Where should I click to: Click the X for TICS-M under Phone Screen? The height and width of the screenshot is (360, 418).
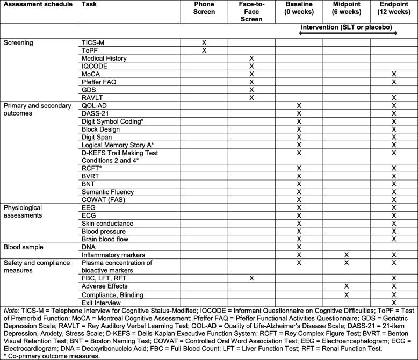pyautogui.click(x=204, y=42)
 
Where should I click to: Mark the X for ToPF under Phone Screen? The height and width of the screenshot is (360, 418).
pyautogui.click(x=204, y=50)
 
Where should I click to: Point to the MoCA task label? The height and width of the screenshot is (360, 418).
pyautogui.click(x=91, y=74)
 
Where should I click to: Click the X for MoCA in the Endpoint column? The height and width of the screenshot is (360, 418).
pyautogui.click(x=394, y=74)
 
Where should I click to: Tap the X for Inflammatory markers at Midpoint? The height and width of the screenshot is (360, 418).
pyautogui.click(x=347, y=254)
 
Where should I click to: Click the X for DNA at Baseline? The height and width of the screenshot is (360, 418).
pyautogui.click(x=299, y=246)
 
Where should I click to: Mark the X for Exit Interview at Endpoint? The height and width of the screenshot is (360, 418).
pyautogui.click(x=394, y=303)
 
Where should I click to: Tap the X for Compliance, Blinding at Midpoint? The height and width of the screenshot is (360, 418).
pyautogui.click(x=347, y=294)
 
